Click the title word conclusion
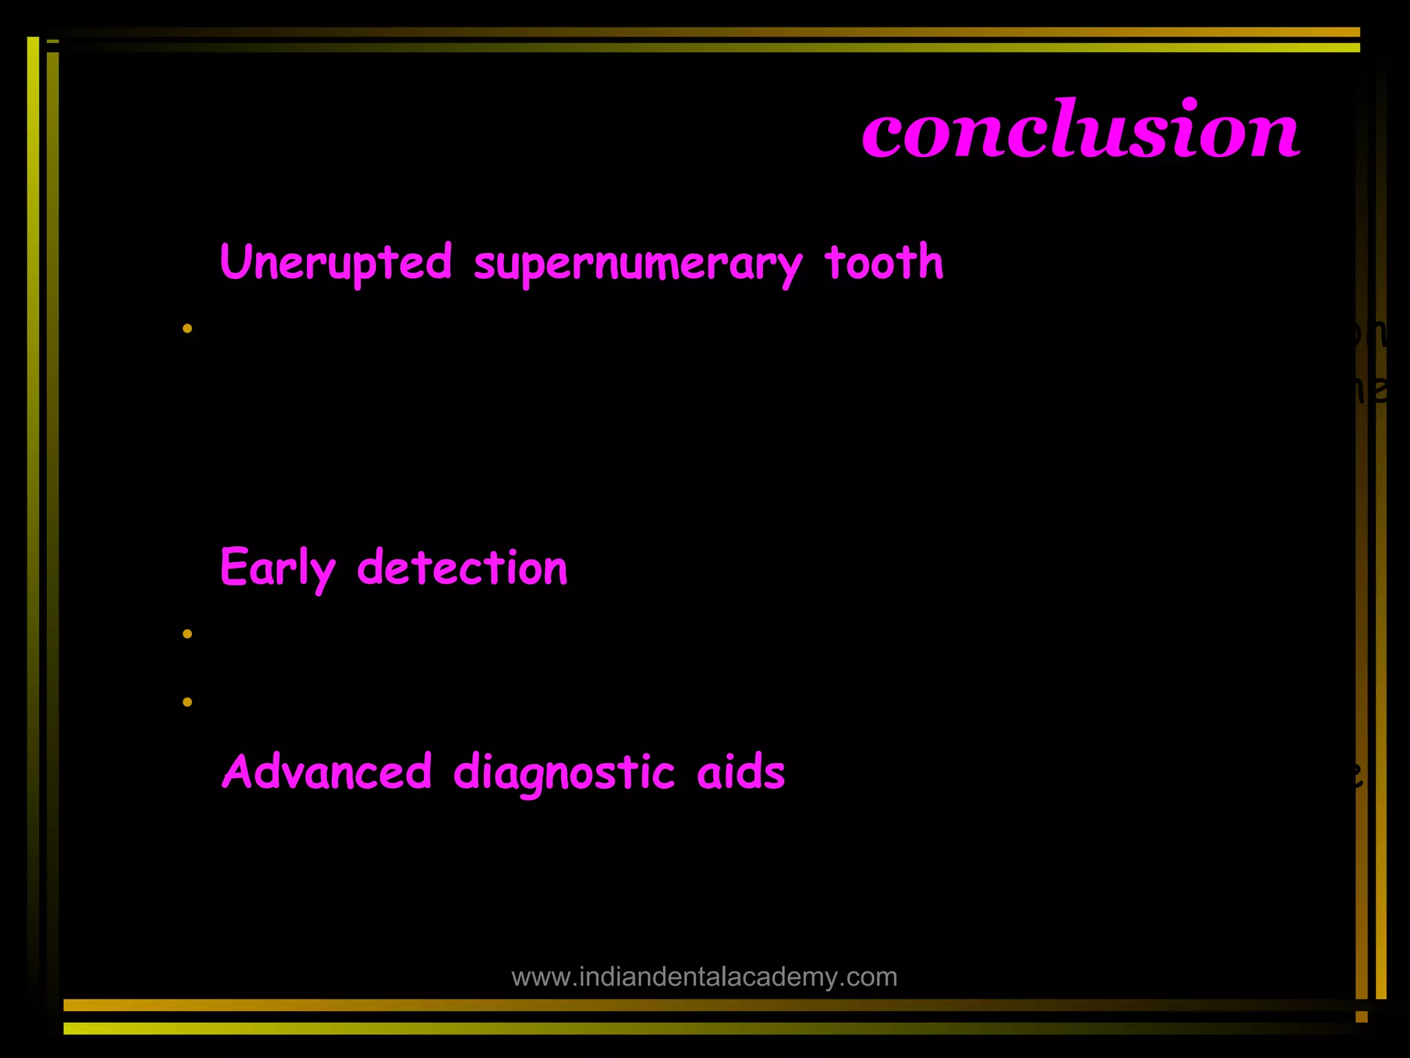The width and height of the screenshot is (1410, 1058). pos(1080,129)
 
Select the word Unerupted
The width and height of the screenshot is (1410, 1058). pos(336,263)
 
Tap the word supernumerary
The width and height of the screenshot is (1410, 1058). pos(638,264)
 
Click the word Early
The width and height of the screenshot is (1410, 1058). pos(277,569)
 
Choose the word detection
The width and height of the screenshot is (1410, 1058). pos(462,568)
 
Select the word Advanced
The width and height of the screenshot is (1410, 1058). pos(327,771)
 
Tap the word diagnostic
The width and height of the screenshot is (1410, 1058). pos(564,773)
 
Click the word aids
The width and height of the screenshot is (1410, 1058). pos(741,771)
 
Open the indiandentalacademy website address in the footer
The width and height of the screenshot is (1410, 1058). pos(704,977)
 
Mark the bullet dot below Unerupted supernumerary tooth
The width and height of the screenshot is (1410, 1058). pos(187,329)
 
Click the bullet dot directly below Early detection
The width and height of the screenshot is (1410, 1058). pos(187,633)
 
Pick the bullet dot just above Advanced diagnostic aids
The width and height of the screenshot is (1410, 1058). pos(187,702)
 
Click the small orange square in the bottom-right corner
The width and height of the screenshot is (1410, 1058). pos(1361,1017)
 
